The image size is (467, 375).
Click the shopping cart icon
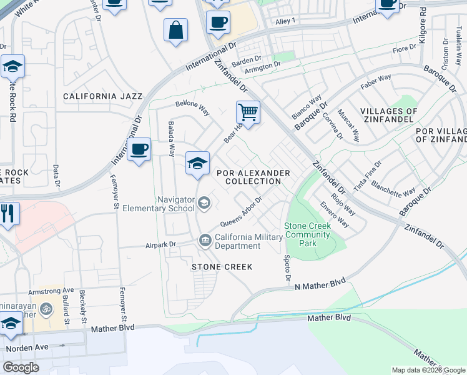[x=248, y=113]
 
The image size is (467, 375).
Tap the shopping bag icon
[x=176, y=30]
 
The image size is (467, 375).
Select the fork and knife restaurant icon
[x=8, y=214]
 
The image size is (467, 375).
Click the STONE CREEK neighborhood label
[x=222, y=267]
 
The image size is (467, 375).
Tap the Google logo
[x=21, y=367]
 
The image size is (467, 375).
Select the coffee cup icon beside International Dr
[x=139, y=150]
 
